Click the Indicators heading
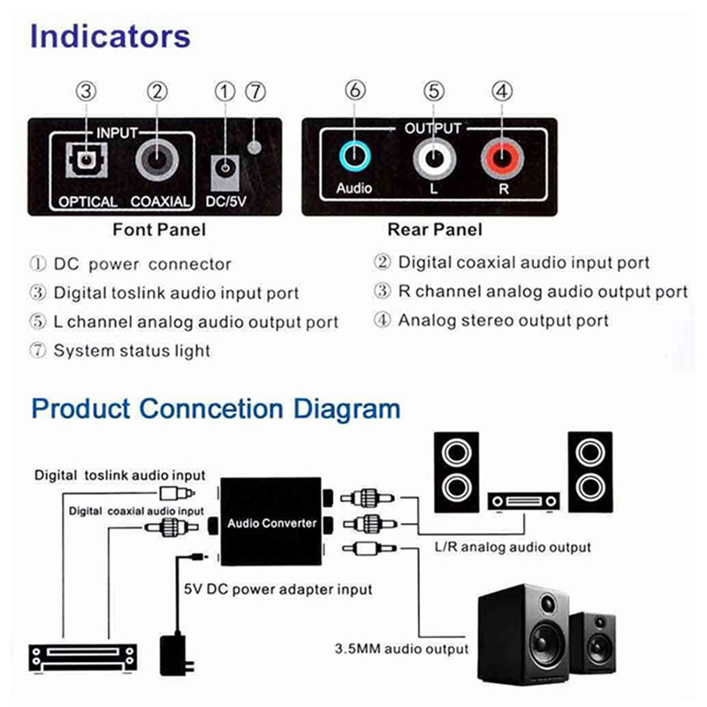(110, 37)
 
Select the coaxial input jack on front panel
(159, 163)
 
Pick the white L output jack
(432, 160)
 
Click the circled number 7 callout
(255, 91)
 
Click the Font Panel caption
(159, 231)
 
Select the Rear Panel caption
(435, 231)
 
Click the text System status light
(132, 351)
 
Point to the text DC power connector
(142, 264)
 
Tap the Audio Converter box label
(271, 523)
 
